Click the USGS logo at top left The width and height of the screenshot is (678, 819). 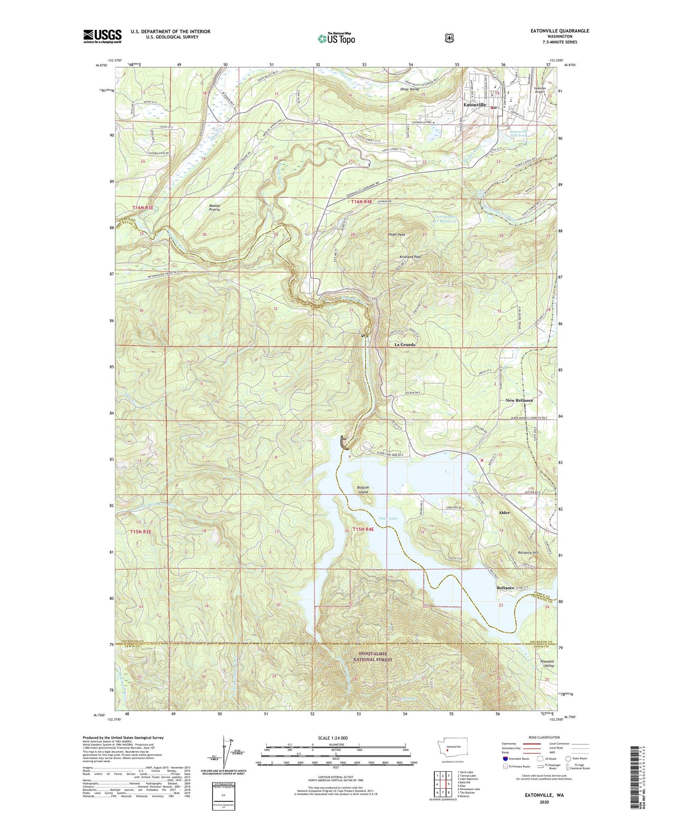click(102, 36)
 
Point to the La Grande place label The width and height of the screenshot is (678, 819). click(405, 345)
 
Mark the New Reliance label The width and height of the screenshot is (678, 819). click(519, 400)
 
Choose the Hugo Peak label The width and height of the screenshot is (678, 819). click(397, 234)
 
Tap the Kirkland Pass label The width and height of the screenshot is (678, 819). click(410, 257)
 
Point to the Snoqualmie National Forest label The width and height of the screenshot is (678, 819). click(373, 656)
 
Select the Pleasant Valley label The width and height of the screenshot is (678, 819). click(547, 664)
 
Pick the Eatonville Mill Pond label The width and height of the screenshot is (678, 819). click(512, 133)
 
